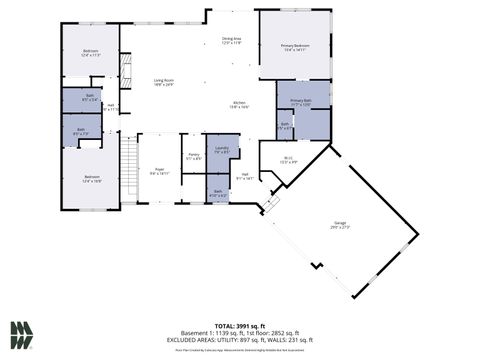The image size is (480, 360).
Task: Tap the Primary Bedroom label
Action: [x=294, y=48]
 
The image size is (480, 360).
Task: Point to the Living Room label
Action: [x=164, y=83]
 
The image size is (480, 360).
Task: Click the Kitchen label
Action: [x=239, y=105]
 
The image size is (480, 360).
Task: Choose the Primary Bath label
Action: [x=301, y=102]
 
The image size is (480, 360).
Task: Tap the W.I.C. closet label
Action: [x=286, y=158]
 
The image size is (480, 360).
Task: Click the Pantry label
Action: [x=194, y=156]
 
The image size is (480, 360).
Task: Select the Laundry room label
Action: [x=221, y=150]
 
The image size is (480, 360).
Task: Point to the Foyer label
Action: [x=159, y=171]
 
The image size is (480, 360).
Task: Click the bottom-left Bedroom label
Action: [x=91, y=180]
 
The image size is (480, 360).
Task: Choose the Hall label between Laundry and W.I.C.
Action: [x=244, y=178]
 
